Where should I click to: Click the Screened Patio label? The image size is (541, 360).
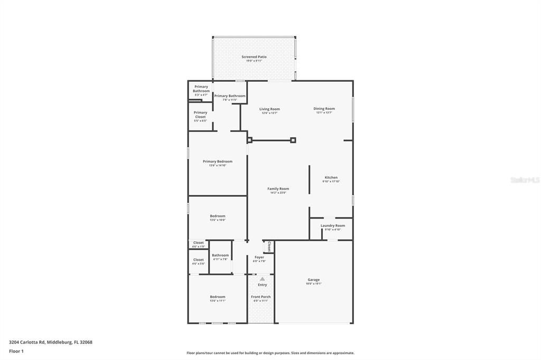tap(254, 57)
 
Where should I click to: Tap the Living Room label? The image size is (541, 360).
tap(269, 109)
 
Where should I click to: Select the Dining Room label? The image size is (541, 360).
tap(324, 109)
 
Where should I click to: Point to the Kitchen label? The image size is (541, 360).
tap(331, 178)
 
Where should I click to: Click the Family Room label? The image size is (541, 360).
tap(278, 189)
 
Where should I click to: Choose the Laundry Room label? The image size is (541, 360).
tap(332, 226)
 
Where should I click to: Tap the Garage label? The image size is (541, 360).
tap(313, 280)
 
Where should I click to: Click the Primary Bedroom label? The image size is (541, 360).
tap(217, 162)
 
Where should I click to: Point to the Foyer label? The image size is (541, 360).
tap(259, 258)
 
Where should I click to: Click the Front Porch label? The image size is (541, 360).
tap(261, 297)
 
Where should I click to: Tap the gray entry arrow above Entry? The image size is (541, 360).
tap(262, 279)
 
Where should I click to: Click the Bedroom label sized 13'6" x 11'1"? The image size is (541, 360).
tap(217, 297)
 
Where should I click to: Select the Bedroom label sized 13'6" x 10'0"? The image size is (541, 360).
tap(217, 216)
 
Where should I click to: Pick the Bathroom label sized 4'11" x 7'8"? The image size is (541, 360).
tap(220, 255)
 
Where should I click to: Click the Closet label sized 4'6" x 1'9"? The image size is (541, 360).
tap(198, 243)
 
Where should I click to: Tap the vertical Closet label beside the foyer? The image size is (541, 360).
tap(269, 247)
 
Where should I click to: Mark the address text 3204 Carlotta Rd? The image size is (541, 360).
tap(51, 342)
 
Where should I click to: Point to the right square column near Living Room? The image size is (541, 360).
tap(293, 140)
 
